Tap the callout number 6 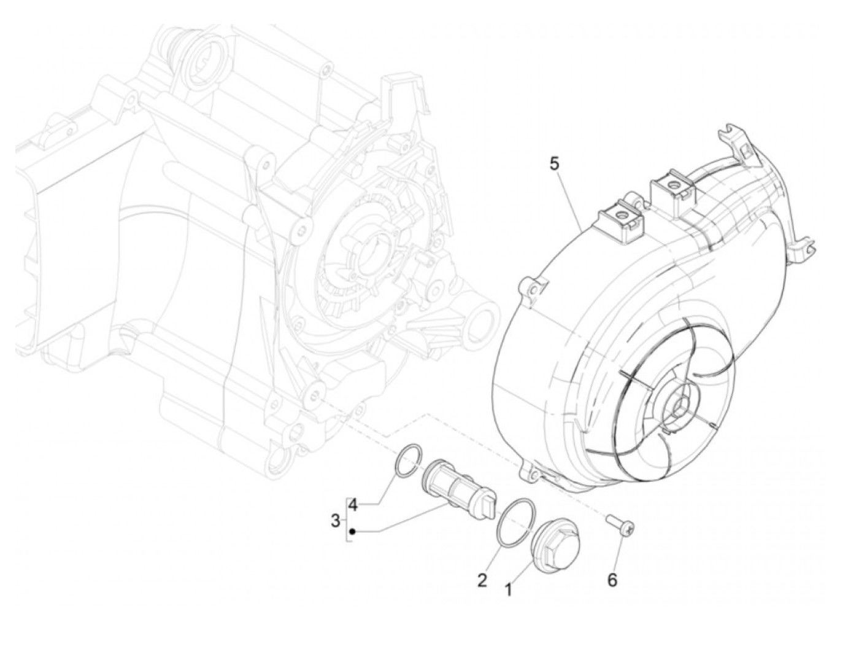[612, 579]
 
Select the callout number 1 [507, 590]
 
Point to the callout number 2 [482, 579]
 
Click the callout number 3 [335, 521]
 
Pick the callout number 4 [352, 505]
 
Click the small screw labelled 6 [620, 524]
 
